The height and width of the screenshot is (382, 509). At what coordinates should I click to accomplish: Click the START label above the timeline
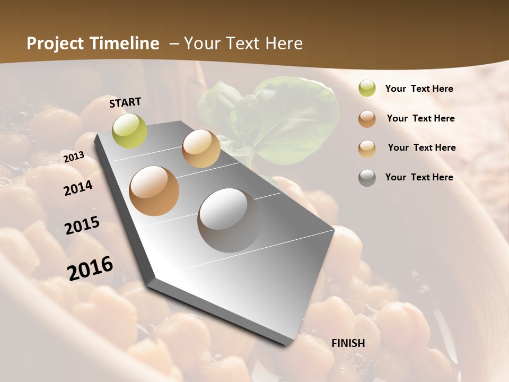[x=125, y=102]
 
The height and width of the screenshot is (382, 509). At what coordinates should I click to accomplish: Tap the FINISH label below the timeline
[x=348, y=343]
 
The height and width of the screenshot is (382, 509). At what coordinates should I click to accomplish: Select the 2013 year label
[x=74, y=157]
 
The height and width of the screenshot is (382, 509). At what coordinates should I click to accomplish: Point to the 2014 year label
[x=78, y=188]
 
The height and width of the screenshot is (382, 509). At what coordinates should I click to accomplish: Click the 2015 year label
[x=82, y=225]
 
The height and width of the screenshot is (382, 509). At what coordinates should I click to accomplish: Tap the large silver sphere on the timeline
[x=229, y=220]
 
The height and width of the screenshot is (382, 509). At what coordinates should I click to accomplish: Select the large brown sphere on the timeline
[x=154, y=191]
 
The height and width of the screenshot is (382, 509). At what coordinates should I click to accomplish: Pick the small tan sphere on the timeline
[x=201, y=149]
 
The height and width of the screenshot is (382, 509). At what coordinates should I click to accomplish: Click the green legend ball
[x=367, y=89]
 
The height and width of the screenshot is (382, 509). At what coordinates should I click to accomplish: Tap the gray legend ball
[x=367, y=178]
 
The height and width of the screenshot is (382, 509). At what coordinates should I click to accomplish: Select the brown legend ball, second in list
[x=367, y=119]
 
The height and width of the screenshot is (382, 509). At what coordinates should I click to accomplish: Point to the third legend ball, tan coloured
[x=367, y=149]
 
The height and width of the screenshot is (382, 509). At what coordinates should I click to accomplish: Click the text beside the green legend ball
[x=419, y=89]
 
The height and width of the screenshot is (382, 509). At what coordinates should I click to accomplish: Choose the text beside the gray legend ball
[x=419, y=177]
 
